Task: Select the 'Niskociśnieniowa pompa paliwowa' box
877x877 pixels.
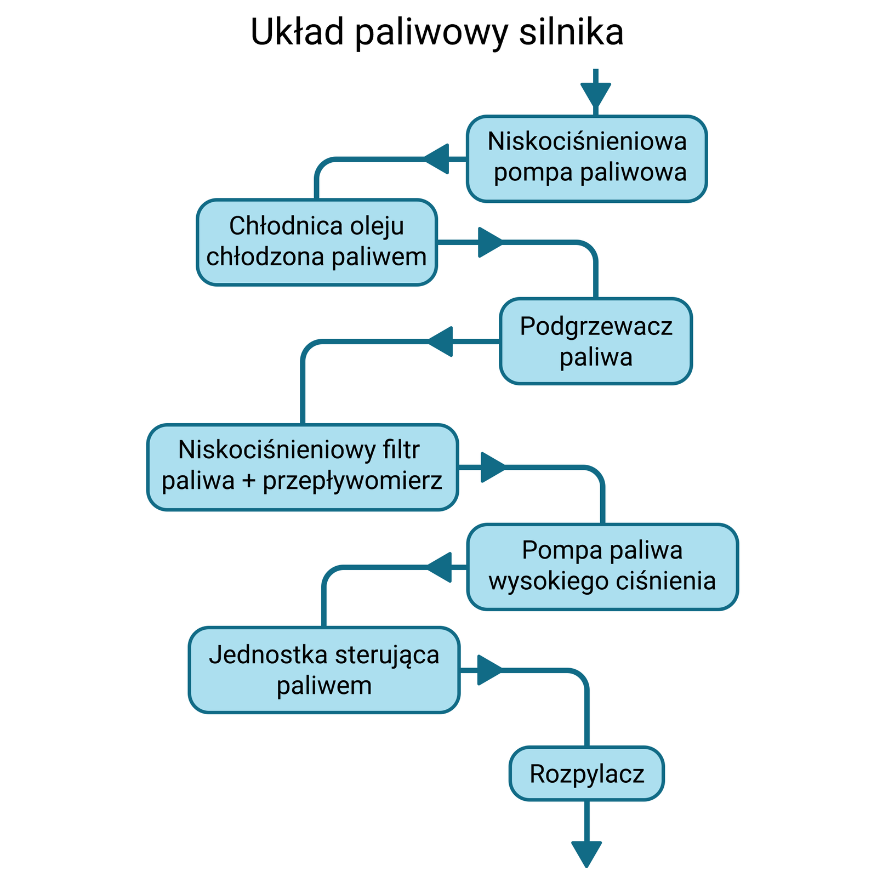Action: [x=586, y=158]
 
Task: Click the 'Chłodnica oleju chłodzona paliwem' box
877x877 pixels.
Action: [x=317, y=242]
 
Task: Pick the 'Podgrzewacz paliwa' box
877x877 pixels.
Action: [x=596, y=341]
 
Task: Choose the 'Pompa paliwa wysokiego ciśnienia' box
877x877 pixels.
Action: [x=602, y=567]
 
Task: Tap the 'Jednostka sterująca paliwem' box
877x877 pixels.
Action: [x=324, y=670]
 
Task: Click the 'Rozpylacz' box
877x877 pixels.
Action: [x=586, y=773]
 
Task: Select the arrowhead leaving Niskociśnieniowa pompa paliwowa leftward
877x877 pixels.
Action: [x=437, y=159]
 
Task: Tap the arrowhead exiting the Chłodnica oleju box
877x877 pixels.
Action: [x=489, y=242]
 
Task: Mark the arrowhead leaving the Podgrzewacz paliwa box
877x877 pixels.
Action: [x=441, y=341]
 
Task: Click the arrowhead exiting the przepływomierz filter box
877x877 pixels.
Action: [x=492, y=467]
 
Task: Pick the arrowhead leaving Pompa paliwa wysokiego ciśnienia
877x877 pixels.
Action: [x=440, y=567]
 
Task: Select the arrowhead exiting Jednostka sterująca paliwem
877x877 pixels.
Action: [x=489, y=670]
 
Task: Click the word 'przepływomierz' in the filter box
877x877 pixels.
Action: [x=352, y=481]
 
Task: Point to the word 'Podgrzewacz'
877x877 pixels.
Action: [x=596, y=326]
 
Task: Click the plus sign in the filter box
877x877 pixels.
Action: [x=249, y=481]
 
